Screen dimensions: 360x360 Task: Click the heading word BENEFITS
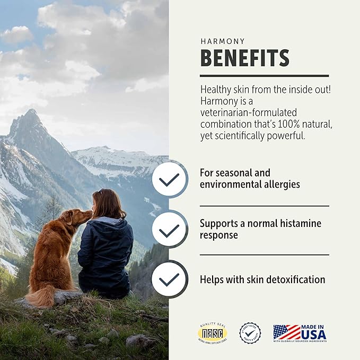244,57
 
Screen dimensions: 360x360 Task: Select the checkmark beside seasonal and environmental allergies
169,179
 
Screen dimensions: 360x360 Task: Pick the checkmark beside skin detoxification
169,279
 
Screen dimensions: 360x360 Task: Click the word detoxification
295,279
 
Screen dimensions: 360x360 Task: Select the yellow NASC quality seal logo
213,333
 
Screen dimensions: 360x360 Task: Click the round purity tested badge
250,333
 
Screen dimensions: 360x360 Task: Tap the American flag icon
286,332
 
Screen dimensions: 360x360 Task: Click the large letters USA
315,336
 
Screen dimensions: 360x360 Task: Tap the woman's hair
109,204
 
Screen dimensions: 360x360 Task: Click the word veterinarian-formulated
248,112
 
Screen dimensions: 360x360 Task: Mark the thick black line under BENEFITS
264,75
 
